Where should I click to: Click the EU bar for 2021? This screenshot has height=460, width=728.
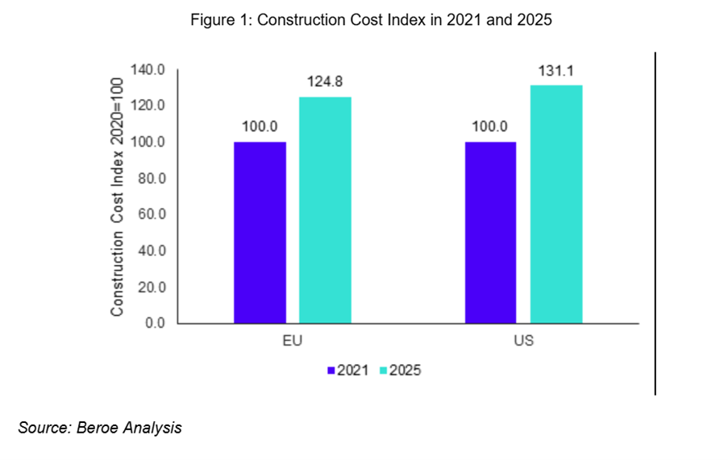click(x=260, y=233)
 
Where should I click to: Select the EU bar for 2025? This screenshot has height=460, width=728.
click(x=325, y=210)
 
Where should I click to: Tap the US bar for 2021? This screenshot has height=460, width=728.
click(x=490, y=233)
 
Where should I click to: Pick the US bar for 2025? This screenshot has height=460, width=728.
click(x=555, y=205)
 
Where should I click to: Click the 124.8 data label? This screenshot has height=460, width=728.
click(x=325, y=82)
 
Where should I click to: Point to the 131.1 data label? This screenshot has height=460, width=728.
click(x=555, y=71)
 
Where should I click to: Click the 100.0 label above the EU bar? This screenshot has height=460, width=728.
click(x=260, y=126)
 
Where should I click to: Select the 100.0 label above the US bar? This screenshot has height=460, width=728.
click(x=490, y=126)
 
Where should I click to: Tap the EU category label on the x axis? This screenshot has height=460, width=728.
click(x=292, y=341)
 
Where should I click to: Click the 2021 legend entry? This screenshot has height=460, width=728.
click(x=348, y=371)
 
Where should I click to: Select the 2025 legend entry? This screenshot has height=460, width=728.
click(x=401, y=371)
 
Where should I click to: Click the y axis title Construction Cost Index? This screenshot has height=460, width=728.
click(x=118, y=197)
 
